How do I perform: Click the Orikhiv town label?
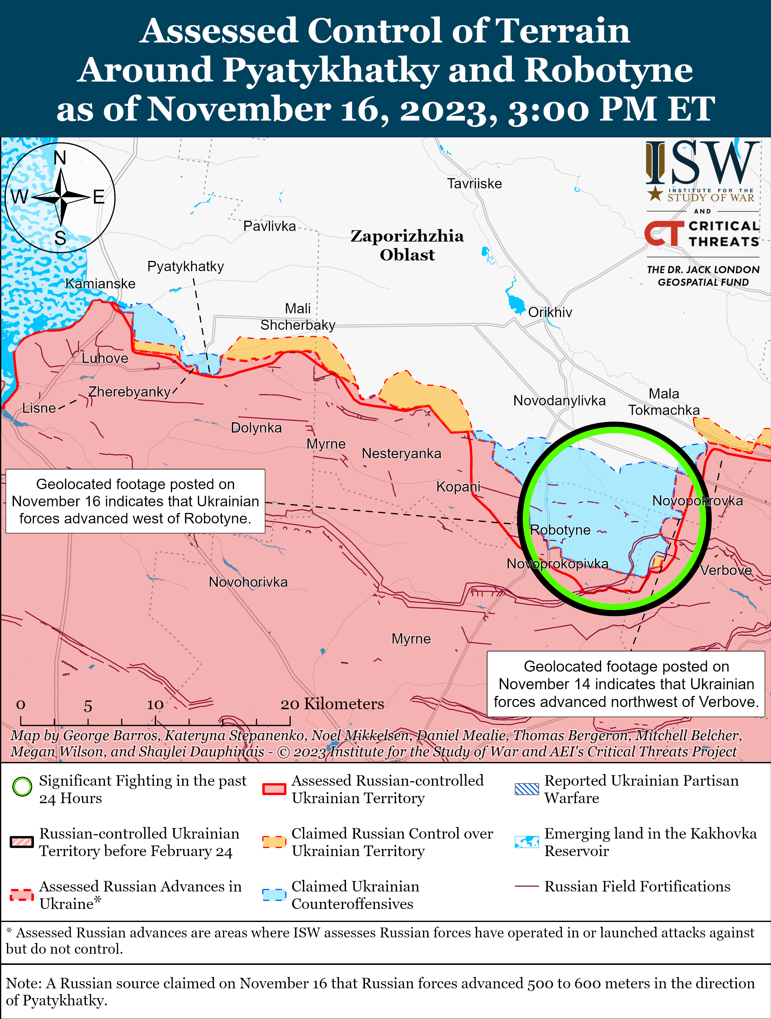(x=550, y=312)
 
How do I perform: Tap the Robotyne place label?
(x=560, y=530)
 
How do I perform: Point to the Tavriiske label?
(x=474, y=184)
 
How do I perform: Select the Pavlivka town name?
(x=270, y=226)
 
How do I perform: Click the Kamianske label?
(x=100, y=284)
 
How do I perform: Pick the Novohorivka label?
(x=248, y=582)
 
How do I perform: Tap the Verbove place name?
(x=726, y=570)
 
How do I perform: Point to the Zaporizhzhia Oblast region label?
(x=407, y=245)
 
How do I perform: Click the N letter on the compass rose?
(x=60, y=158)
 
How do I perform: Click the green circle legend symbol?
(x=22, y=787)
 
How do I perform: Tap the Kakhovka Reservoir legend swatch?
(x=526, y=842)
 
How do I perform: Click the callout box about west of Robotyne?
(x=135, y=501)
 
